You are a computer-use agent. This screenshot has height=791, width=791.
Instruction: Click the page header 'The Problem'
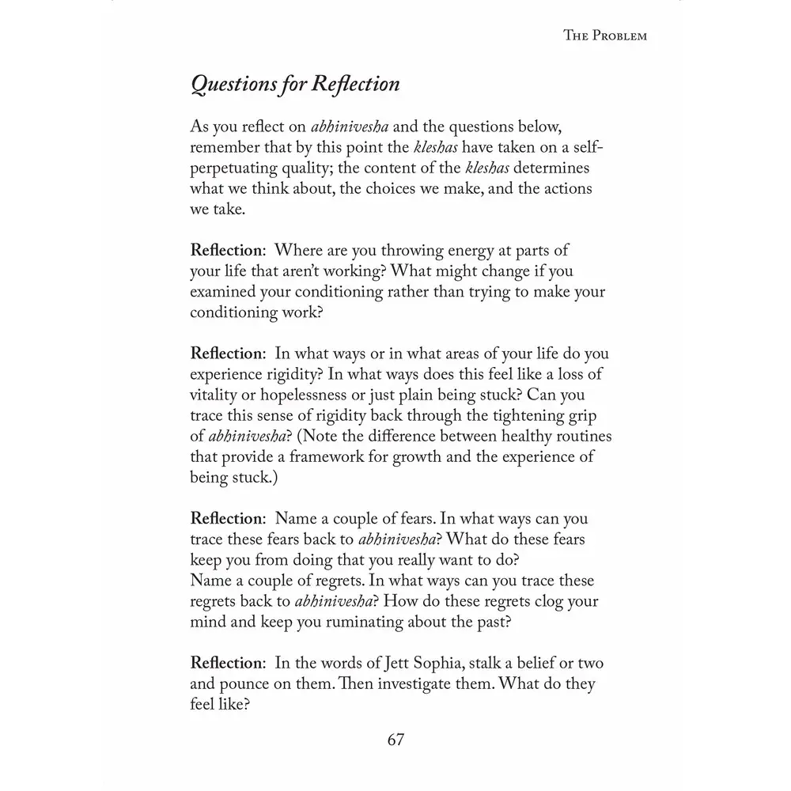point(604,36)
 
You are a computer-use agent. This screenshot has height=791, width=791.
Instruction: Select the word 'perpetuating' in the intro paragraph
point(230,168)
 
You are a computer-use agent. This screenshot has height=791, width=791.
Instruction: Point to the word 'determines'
point(551,168)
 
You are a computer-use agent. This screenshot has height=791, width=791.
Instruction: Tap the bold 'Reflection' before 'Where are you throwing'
point(226,250)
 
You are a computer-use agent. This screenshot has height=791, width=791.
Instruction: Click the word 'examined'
point(224,291)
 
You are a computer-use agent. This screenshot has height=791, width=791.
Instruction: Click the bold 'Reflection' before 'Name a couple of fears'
point(226,519)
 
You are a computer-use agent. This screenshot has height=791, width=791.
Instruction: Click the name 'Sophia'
point(445,662)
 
